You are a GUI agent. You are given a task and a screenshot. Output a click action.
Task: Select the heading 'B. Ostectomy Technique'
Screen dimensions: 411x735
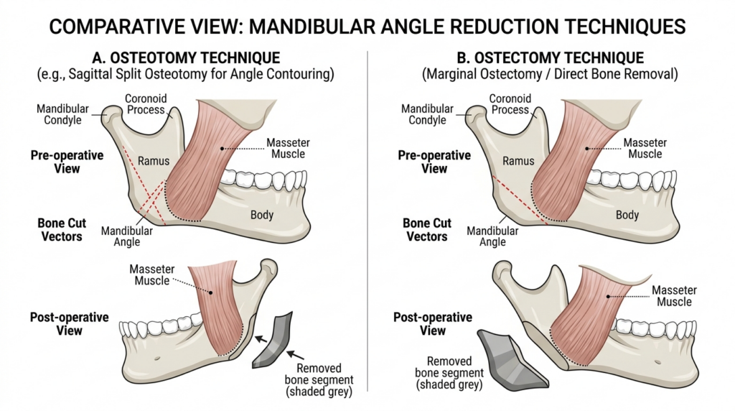point(551,57)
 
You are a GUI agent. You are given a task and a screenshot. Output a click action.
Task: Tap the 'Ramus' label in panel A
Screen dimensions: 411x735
point(154,161)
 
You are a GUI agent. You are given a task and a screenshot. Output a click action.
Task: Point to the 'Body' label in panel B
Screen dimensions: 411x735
point(627,215)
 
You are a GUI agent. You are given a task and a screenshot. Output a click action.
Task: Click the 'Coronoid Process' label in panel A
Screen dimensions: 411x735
point(146,104)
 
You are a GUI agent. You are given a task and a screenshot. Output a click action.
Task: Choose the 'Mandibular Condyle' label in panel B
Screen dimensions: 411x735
point(427,114)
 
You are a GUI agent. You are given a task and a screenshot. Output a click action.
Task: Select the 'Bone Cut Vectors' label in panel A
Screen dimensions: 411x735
point(62,229)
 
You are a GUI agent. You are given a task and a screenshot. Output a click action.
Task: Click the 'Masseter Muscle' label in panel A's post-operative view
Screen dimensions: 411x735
point(153,274)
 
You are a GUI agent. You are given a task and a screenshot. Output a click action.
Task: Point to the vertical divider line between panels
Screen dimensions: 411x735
point(367,216)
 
